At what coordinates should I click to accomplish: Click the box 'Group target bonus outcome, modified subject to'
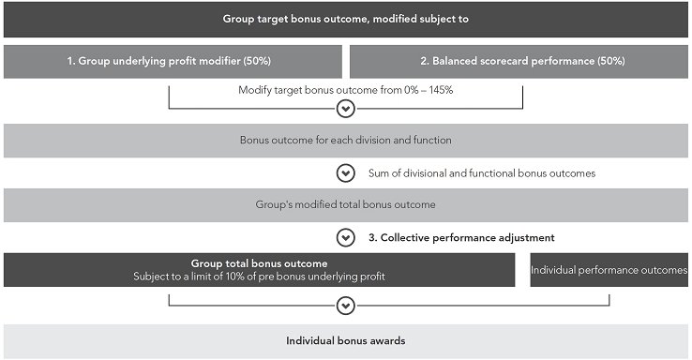346,19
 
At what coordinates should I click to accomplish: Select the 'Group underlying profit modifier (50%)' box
173,61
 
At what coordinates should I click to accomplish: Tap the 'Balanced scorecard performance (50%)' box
519,61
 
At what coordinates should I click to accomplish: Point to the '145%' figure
441,90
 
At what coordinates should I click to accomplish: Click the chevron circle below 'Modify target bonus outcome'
346,109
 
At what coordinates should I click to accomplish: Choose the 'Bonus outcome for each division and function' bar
346,141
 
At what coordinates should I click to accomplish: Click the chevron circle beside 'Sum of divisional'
346,173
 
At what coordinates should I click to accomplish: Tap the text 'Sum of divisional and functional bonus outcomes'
482,173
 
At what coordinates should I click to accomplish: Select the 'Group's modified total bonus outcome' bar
346,205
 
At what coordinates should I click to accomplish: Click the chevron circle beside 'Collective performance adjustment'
346,238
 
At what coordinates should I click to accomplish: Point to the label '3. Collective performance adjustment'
461,238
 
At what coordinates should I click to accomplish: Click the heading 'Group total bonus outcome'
259,263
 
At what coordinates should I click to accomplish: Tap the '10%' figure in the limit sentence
234,277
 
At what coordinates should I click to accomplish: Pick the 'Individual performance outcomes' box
609,270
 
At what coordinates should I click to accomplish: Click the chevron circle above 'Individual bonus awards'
346,306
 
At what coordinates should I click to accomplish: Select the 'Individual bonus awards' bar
346,341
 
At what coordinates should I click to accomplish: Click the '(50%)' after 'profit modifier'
257,61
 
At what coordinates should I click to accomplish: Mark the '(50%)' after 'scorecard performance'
611,61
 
